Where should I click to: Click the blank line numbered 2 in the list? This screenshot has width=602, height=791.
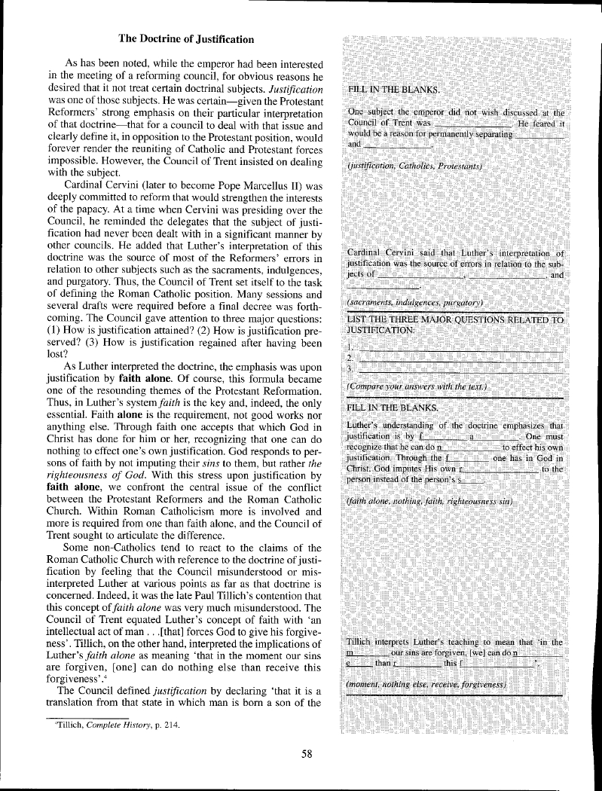coord(460,356)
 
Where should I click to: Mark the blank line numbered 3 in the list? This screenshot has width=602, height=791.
coord(460,369)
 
